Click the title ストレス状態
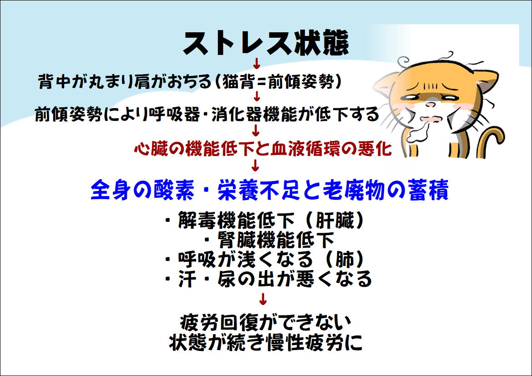[x=266, y=43]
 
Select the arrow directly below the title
[x=257, y=63]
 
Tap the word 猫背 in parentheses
[x=238, y=81]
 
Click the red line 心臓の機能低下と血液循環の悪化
[x=263, y=149]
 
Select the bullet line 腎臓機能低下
[x=270, y=240]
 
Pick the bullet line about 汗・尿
[x=268, y=279]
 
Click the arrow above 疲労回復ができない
[x=263, y=299]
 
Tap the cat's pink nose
[x=430, y=105]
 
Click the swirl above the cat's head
[x=403, y=63]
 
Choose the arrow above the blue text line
[x=256, y=165]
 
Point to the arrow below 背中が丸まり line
[x=257, y=96]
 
